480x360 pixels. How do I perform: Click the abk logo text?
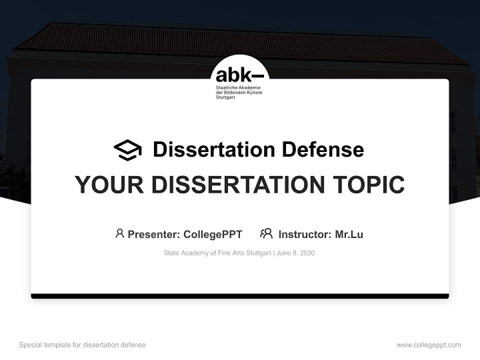click(x=239, y=76)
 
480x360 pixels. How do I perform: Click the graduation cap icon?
click(x=127, y=150)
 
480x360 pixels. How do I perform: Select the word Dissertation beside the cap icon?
click(x=214, y=149)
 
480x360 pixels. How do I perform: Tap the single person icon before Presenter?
click(x=119, y=233)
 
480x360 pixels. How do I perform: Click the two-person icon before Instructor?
click(x=266, y=233)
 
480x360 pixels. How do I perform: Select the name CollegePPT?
click(x=212, y=234)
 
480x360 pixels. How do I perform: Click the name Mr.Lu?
click(x=349, y=234)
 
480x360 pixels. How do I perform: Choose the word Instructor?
click(x=304, y=234)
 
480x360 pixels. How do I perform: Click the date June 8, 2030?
click(x=295, y=253)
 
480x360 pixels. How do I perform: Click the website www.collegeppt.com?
click(x=428, y=345)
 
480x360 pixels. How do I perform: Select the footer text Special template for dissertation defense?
click(x=82, y=345)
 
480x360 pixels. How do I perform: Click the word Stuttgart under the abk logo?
click(x=225, y=97)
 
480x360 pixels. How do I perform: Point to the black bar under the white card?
click(x=240, y=296)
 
